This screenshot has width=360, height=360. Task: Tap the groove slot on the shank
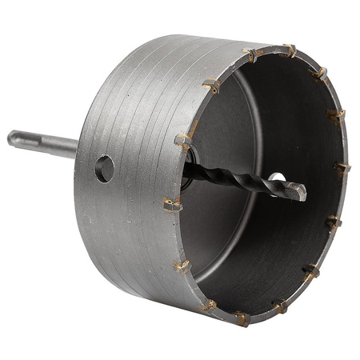pos(36,142)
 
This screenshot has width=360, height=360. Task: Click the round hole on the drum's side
pos(104,168)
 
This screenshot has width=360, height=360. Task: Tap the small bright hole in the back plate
pos(276,176)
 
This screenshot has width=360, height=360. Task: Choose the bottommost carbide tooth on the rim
pos(240,318)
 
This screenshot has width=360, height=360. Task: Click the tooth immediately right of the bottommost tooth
pos(280,306)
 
